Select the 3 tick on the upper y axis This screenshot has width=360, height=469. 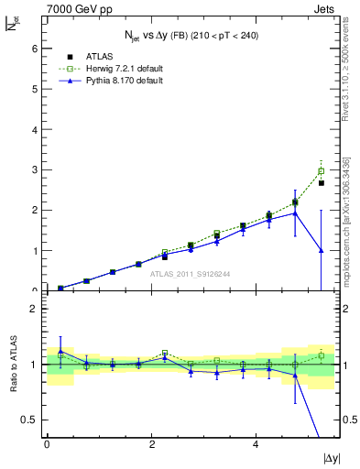tap(33, 169)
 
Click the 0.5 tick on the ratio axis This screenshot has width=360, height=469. tap(29, 420)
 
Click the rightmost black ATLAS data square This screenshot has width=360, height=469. tap(322, 183)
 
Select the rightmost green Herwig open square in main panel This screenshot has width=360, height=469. tap(322, 171)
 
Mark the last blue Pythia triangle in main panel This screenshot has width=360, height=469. tap(322, 249)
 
